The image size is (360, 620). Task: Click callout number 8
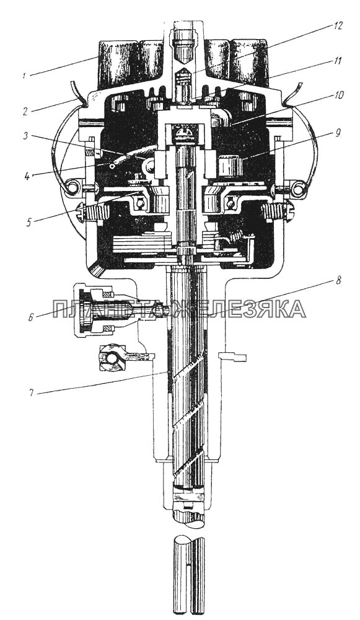[x=337, y=280]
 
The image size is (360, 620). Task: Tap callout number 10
[x=338, y=96]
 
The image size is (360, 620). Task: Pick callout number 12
[x=338, y=26]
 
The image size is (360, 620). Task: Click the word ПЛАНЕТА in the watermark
[x=108, y=309]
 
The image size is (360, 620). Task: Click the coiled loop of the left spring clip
[x=73, y=185]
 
